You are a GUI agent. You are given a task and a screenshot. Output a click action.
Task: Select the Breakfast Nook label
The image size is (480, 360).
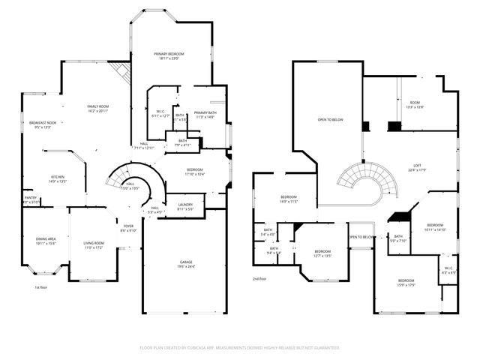43,124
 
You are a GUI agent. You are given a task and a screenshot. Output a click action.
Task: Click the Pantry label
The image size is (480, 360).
30,200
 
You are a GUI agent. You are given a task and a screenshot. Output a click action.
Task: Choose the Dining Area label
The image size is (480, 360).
46,241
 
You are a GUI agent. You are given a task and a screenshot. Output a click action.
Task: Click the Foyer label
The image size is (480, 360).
128,228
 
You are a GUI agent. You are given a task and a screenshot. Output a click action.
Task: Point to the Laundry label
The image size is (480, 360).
186,206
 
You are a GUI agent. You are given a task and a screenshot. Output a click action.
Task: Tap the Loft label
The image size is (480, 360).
418,168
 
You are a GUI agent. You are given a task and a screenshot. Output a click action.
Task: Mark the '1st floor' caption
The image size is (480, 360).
42,287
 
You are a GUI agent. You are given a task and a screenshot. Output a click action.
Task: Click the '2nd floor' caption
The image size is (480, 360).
259,278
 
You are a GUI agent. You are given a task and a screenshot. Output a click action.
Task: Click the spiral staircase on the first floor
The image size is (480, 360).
124,180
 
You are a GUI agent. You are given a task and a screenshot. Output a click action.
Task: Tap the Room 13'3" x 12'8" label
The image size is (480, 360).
415,105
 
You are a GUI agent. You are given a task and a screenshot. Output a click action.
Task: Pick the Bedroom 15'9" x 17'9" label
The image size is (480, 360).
405,283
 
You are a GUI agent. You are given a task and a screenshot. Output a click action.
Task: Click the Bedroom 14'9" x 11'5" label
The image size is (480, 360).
289,199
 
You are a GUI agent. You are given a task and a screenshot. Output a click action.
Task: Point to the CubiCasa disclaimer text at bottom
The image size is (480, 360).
240,347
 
